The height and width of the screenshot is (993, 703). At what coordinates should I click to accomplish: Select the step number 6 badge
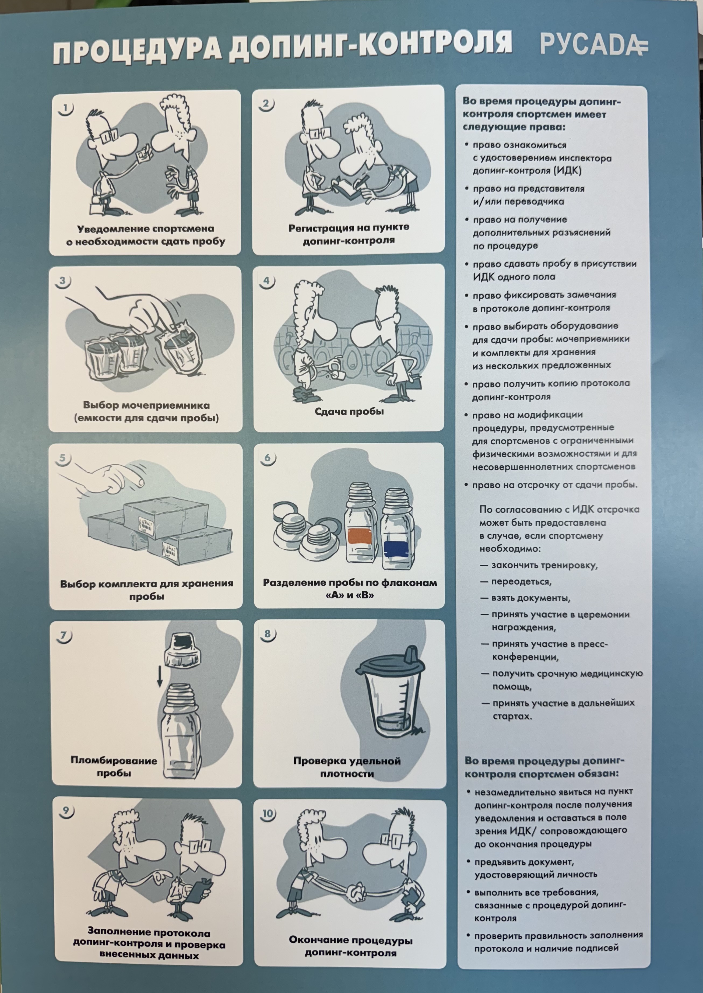point(268,458)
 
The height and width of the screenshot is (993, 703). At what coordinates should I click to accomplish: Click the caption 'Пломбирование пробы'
point(114,767)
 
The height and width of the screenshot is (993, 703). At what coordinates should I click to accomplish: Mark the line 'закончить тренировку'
point(539,565)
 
